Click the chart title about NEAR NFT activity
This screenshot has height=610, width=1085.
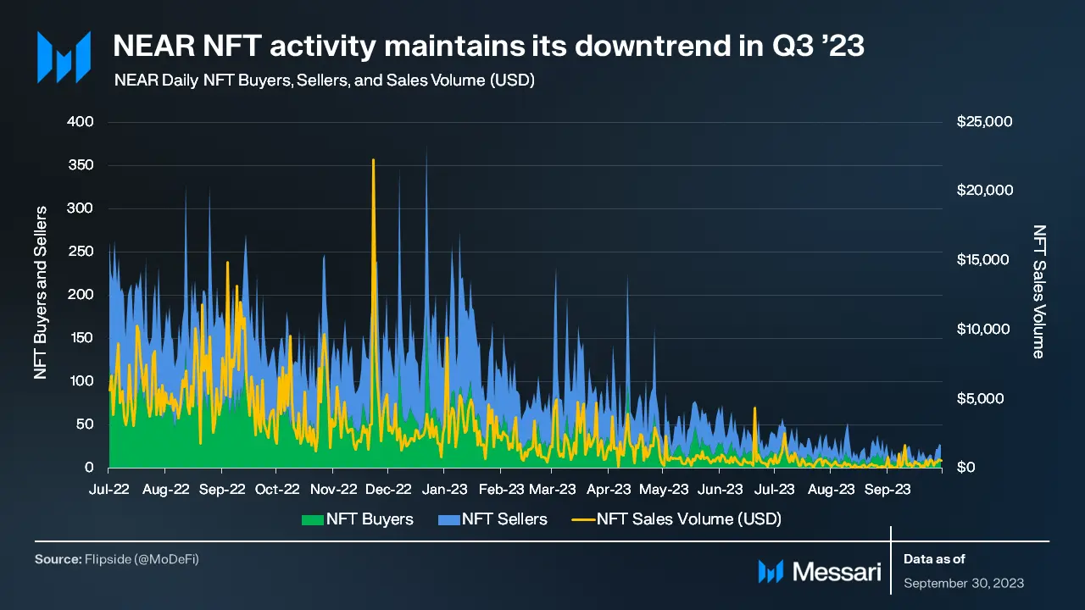[488, 47]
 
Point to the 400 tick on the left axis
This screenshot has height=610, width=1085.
[81, 122]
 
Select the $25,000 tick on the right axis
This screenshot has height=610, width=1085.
[984, 122]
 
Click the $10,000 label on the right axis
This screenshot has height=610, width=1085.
[984, 330]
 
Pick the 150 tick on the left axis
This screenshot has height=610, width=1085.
[81, 338]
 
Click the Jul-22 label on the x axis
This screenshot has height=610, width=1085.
[109, 490]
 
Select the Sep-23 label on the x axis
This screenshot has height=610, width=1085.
[886, 490]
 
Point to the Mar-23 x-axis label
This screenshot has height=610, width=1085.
[552, 490]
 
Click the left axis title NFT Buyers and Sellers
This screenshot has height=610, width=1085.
[41, 292]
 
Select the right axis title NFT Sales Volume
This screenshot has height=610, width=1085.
[1039, 291]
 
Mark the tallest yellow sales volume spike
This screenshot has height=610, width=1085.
[373, 161]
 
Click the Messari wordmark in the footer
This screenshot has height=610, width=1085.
[836, 572]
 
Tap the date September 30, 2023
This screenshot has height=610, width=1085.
[964, 583]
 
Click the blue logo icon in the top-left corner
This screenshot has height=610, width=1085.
[63, 58]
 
